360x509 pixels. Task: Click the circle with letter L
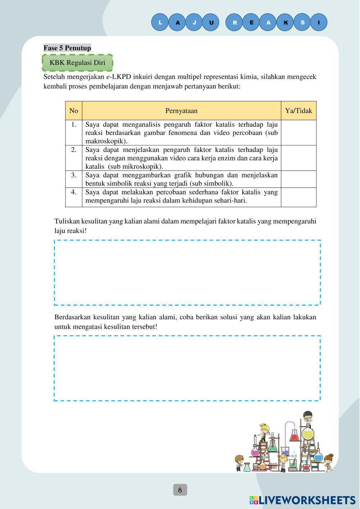click(160, 22)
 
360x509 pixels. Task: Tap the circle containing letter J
click(194, 22)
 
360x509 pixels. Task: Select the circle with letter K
click(285, 22)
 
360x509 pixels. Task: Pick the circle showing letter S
click(302, 22)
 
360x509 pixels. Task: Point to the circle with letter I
click(319, 22)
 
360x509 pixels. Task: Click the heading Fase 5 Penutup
click(67, 48)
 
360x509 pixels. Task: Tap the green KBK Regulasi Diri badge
click(77, 63)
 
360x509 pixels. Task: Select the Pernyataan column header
click(181, 111)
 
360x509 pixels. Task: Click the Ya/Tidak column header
click(298, 111)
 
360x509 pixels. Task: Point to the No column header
click(74, 111)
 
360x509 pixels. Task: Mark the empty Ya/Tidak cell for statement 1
click(298, 132)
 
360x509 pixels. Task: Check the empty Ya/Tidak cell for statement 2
click(298, 158)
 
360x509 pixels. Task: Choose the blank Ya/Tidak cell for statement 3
click(298, 179)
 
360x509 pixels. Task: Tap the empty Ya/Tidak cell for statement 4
click(298, 197)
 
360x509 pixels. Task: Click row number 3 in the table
click(74, 175)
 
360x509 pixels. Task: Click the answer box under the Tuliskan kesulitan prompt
click(187, 272)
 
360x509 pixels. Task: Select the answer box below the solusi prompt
click(187, 368)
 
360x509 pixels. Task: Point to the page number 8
click(180, 490)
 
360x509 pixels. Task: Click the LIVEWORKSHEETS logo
click(302, 500)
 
